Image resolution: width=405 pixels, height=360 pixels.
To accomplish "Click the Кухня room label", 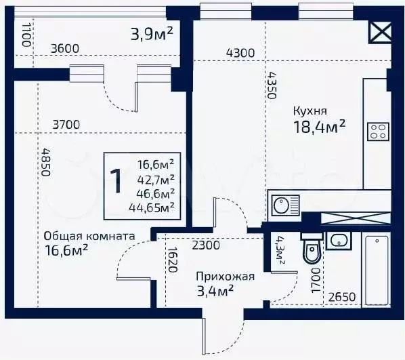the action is click(310, 111).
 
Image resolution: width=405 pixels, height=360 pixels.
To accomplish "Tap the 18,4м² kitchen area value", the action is click(319, 127).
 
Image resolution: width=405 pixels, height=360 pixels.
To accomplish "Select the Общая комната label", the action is click(89, 236).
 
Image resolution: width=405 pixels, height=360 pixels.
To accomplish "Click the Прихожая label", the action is click(226, 277).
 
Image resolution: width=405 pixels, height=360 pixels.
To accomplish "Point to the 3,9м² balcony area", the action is click(152, 34).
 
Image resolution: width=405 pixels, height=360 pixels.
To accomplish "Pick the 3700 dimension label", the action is click(66, 125).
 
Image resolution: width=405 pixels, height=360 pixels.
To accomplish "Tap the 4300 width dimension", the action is click(240, 53).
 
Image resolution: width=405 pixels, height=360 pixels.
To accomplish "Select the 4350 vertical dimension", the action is click(272, 85).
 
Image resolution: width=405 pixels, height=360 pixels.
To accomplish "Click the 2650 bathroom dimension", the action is click(342, 297).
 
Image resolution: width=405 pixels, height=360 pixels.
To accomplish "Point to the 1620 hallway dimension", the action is click(172, 260).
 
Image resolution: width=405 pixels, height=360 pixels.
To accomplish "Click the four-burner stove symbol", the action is click(378, 132).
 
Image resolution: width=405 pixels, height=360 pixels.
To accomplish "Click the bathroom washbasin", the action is click(339, 241).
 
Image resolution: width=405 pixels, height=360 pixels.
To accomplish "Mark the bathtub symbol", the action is click(377, 271).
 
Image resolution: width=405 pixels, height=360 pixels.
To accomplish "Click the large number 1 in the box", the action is click(115, 180).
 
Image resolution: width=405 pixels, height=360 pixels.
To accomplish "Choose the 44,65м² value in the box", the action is click(151, 207).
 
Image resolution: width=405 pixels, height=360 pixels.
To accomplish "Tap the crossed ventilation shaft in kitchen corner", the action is click(381, 32).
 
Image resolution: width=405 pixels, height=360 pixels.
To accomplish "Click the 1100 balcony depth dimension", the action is click(26, 35).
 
